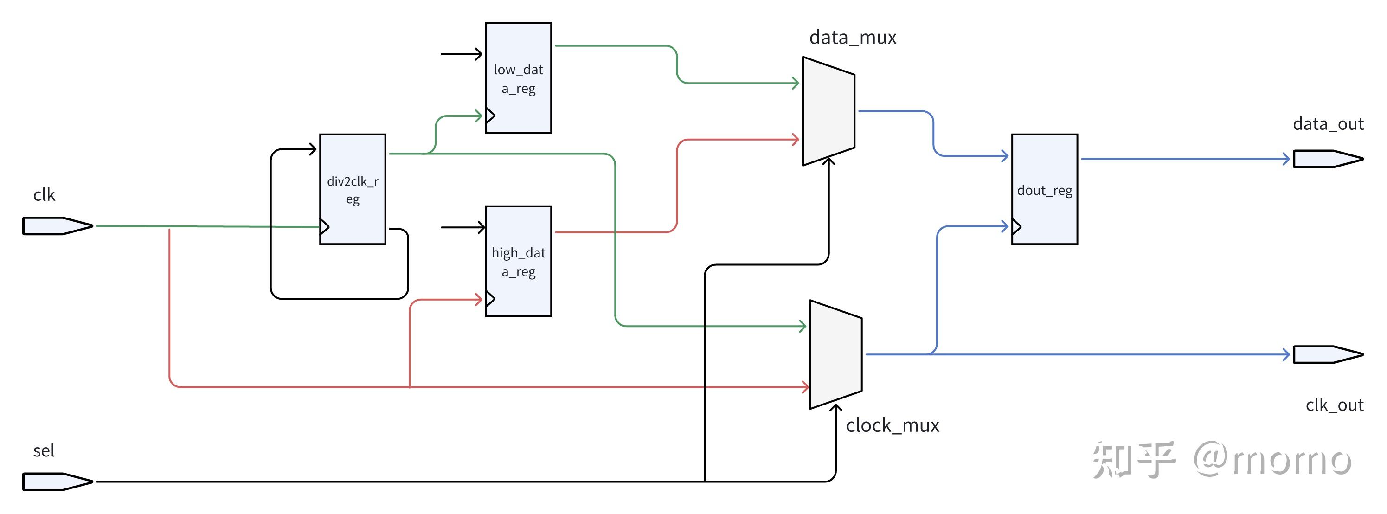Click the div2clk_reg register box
[x=353, y=189]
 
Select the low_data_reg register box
[x=519, y=77]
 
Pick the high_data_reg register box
[x=519, y=261]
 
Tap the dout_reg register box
[x=1045, y=189]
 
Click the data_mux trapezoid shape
[x=828, y=111]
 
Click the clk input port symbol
[x=58, y=226]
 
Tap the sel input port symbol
[x=58, y=482]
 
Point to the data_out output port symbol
[x=1328, y=159]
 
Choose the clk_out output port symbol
[x=1328, y=354]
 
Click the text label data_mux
[x=853, y=37]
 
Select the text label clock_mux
[x=892, y=425]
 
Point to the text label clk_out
[x=1334, y=405]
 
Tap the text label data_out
[x=1328, y=124]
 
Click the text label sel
[x=44, y=450]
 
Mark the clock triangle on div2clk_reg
[x=325, y=226]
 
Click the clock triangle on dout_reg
[x=1016, y=226]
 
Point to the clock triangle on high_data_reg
[x=490, y=299]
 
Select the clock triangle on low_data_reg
[x=490, y=115]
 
